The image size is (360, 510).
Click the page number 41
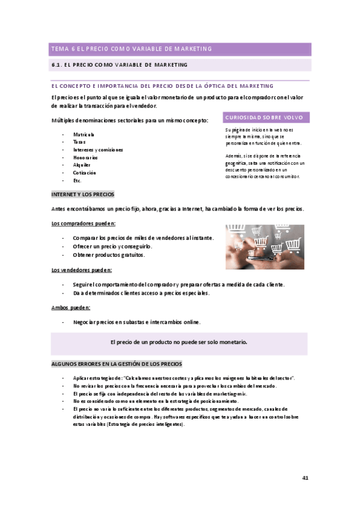click(x=305, y=478)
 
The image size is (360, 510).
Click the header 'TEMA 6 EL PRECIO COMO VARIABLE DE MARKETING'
click(x=132, y=49)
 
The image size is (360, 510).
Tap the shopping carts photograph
click(x=264, y=247)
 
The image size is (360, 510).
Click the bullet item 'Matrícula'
click(x=84, y=134)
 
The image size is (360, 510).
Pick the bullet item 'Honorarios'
click(x=86, y=157)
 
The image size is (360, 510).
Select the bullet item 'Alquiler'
click(x=82, y=165)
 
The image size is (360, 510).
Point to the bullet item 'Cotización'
click(x=85, y=173)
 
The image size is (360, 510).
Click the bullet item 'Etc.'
click(x=78, y=180)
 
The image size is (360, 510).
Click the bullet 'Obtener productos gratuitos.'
click(x=109, y=254)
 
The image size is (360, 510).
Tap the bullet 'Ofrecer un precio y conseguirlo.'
click(x=112, y=247)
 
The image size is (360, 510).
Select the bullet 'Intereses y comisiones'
click(x=98, y=149)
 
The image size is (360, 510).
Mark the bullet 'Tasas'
click(x=79, y=142)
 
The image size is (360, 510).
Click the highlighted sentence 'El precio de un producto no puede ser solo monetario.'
click(x=179, y=342)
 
